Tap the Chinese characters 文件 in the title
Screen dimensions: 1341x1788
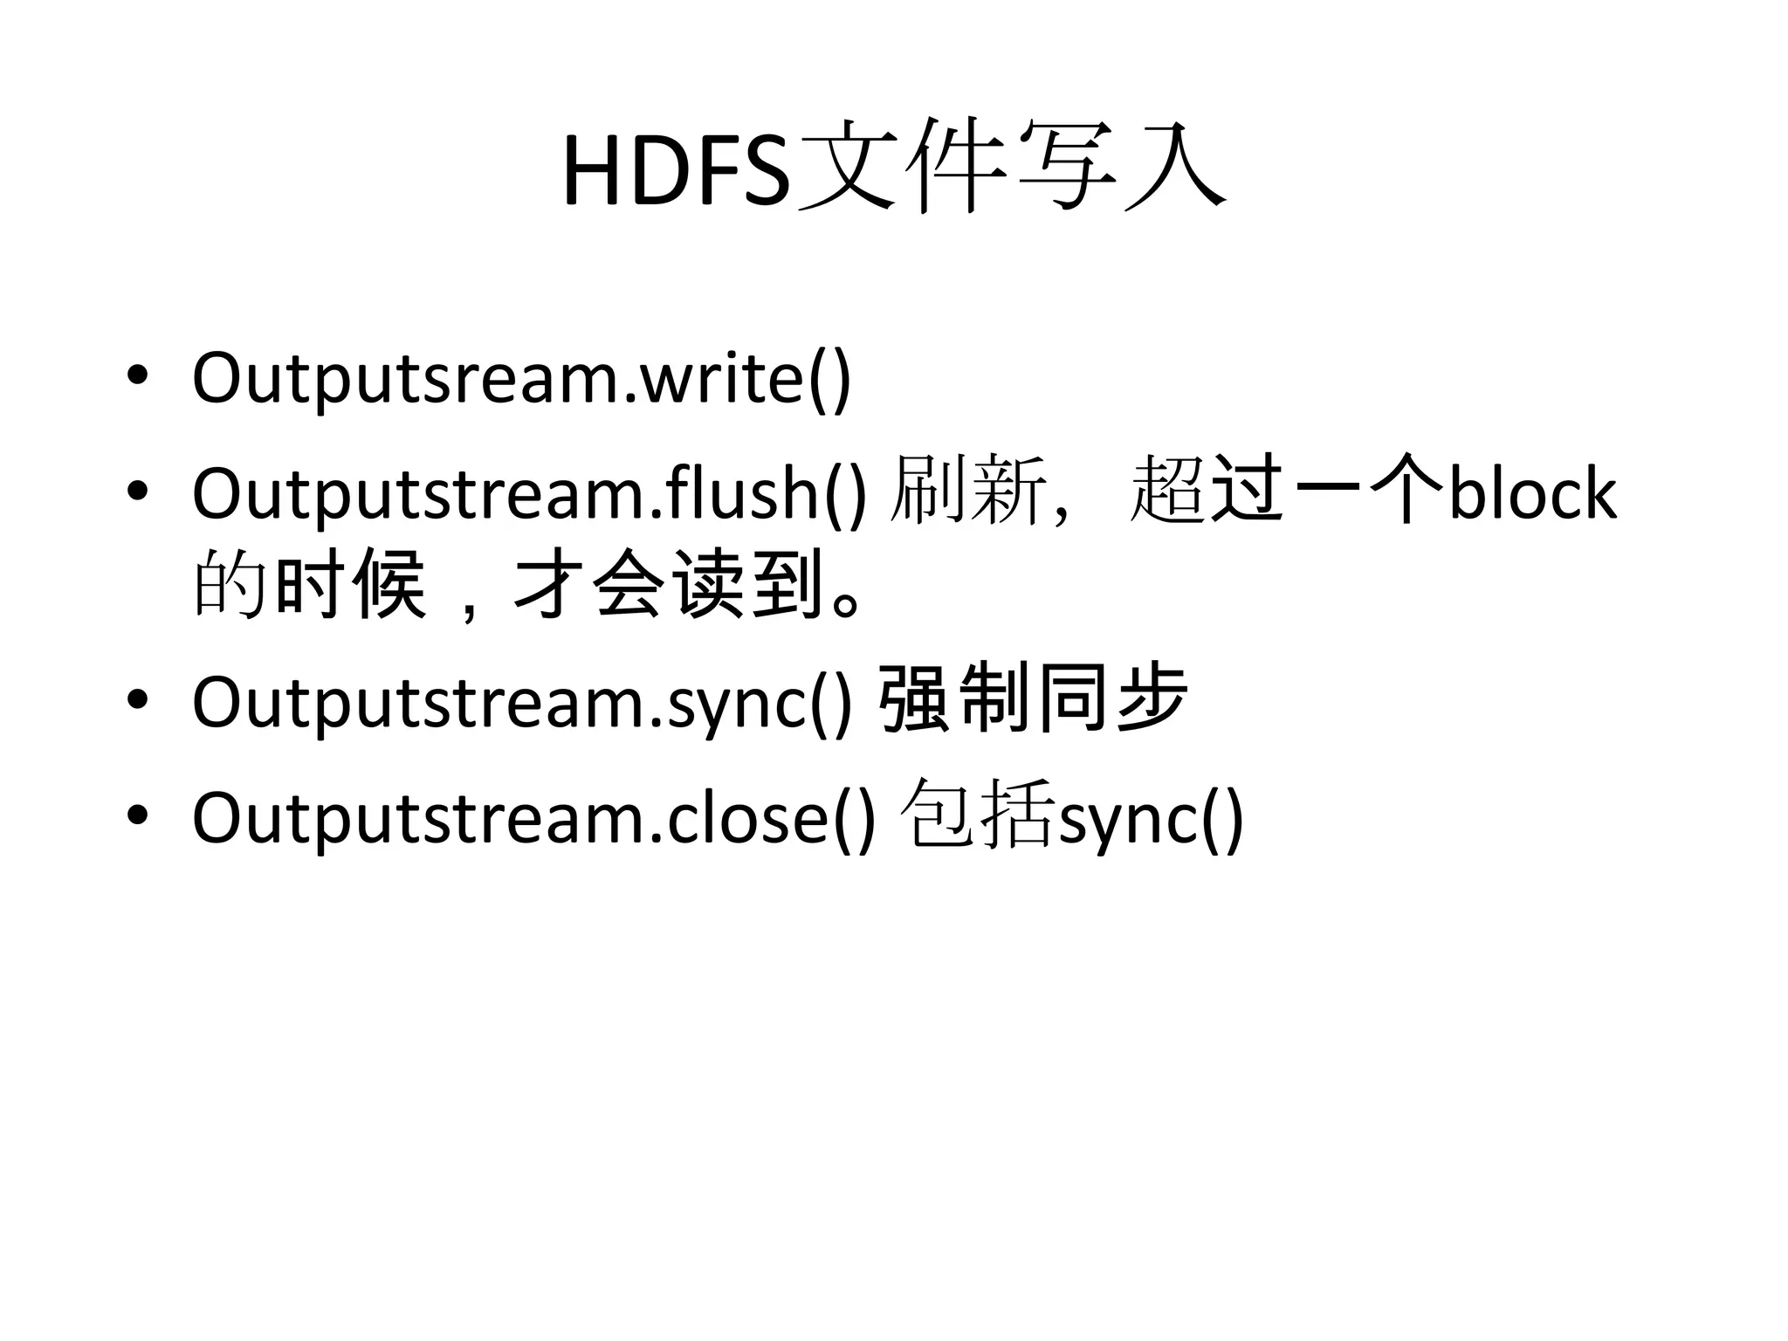pyautogui.click(x=899, y=166)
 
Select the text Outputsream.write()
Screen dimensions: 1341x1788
pyautogui.click(x=521, y=378)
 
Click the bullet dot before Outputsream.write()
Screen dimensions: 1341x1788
pyautogui.click(x=137, y=375)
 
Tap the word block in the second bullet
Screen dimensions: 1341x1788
pyautogui.click(x=1532, y=493)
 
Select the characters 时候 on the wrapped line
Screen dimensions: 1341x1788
pyautogui.click(x=349, y=585)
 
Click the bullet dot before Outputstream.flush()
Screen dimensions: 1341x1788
pyautogui.click(x=137, y=492)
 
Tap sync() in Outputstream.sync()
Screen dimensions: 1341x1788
pyautogui.click(x=758, y=703)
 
